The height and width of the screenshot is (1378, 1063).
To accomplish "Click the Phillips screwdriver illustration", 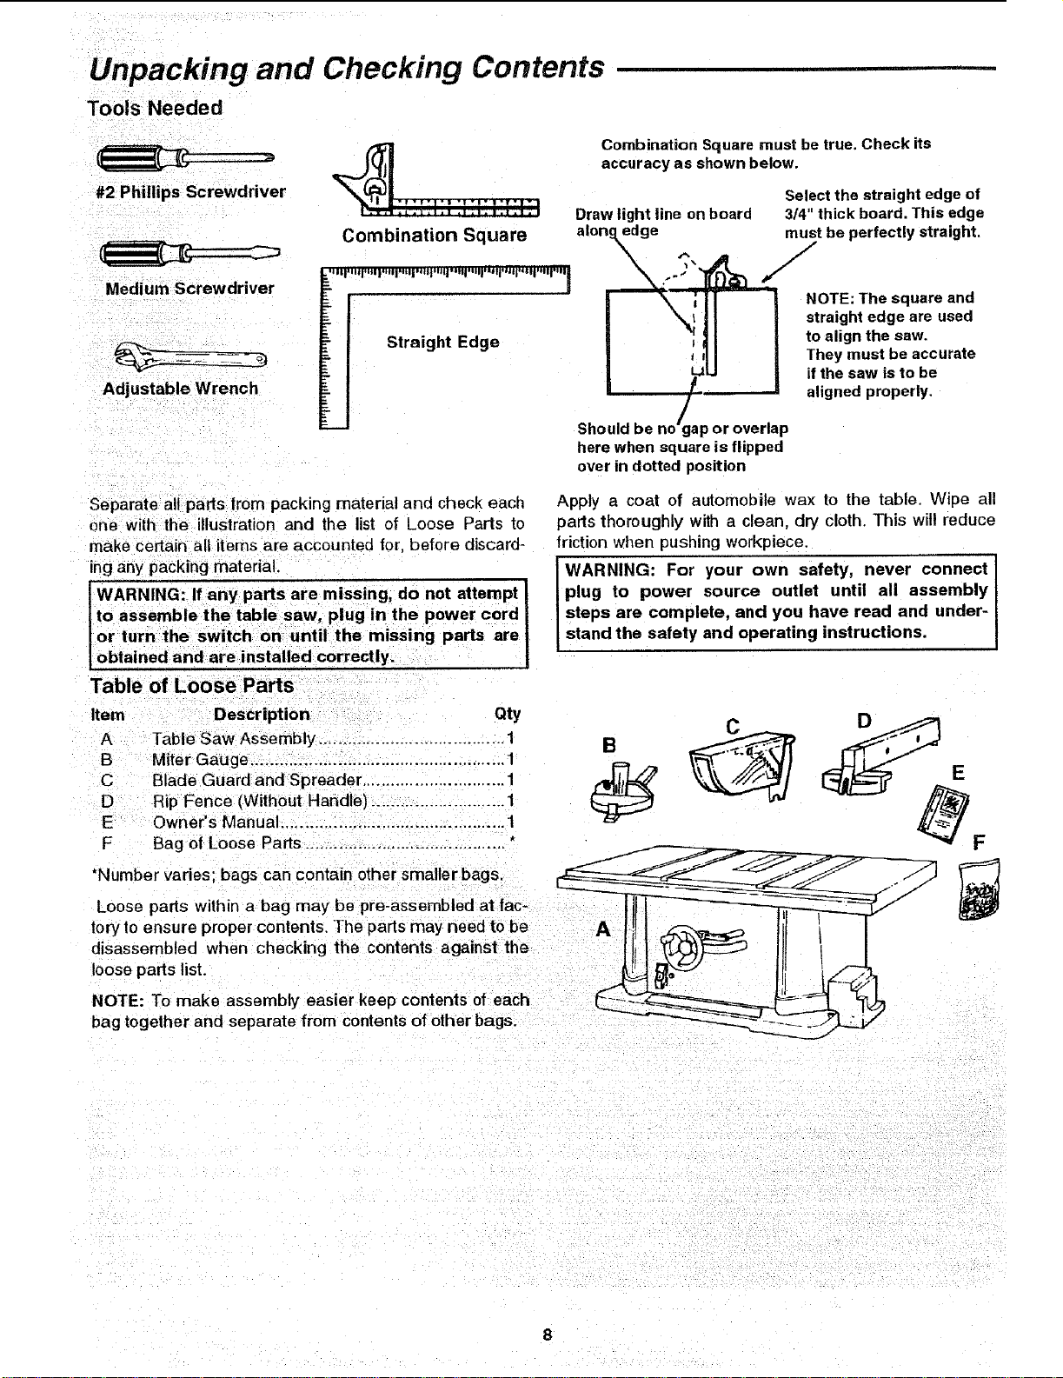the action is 185,157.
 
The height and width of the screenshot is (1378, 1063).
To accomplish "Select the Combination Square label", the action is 435,236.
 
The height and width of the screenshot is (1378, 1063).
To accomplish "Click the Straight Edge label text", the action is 443,342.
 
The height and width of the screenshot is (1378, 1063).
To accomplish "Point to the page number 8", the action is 548,1335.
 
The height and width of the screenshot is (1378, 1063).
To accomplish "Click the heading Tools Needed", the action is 155,108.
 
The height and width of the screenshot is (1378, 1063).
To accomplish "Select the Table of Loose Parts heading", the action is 191,685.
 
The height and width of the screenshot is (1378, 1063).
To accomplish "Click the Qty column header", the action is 507,715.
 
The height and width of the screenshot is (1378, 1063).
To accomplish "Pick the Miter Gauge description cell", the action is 200,759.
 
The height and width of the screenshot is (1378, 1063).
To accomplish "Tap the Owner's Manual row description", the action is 216,822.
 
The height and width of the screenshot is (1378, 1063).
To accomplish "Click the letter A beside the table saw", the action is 603,929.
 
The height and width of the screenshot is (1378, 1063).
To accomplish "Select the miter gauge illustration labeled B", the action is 623,792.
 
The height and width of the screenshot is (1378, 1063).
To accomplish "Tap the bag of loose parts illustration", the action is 980,889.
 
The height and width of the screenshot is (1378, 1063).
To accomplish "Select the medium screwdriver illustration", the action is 189,254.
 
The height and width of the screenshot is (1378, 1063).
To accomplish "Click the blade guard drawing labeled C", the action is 742,767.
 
